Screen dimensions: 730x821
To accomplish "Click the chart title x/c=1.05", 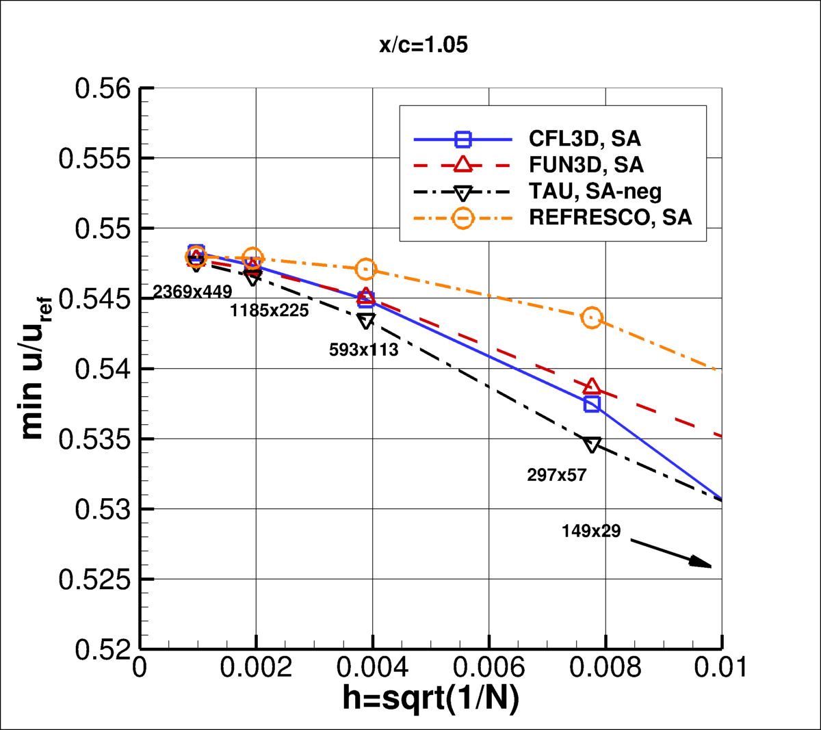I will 423,45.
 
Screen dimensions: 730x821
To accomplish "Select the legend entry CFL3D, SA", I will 584,139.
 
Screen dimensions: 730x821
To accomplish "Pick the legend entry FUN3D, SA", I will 586,165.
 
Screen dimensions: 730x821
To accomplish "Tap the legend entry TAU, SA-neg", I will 595,192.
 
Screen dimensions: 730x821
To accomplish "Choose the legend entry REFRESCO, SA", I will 610,218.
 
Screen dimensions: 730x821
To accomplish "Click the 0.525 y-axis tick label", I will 94,579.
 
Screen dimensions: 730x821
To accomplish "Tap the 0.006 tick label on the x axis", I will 488,667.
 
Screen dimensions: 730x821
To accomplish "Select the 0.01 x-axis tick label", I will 720,667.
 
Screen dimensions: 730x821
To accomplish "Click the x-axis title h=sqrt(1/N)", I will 430,699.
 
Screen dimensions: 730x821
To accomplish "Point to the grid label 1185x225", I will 269,311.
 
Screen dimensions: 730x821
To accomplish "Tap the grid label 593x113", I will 363,350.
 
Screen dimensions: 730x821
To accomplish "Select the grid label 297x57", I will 557,475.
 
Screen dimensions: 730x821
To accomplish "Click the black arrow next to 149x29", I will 670,553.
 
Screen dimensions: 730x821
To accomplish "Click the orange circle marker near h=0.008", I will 592,317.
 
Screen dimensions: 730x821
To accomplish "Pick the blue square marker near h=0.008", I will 592,404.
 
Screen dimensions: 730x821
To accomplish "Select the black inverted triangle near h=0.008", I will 592,445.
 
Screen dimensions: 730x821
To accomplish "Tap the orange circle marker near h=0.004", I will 366,269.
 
